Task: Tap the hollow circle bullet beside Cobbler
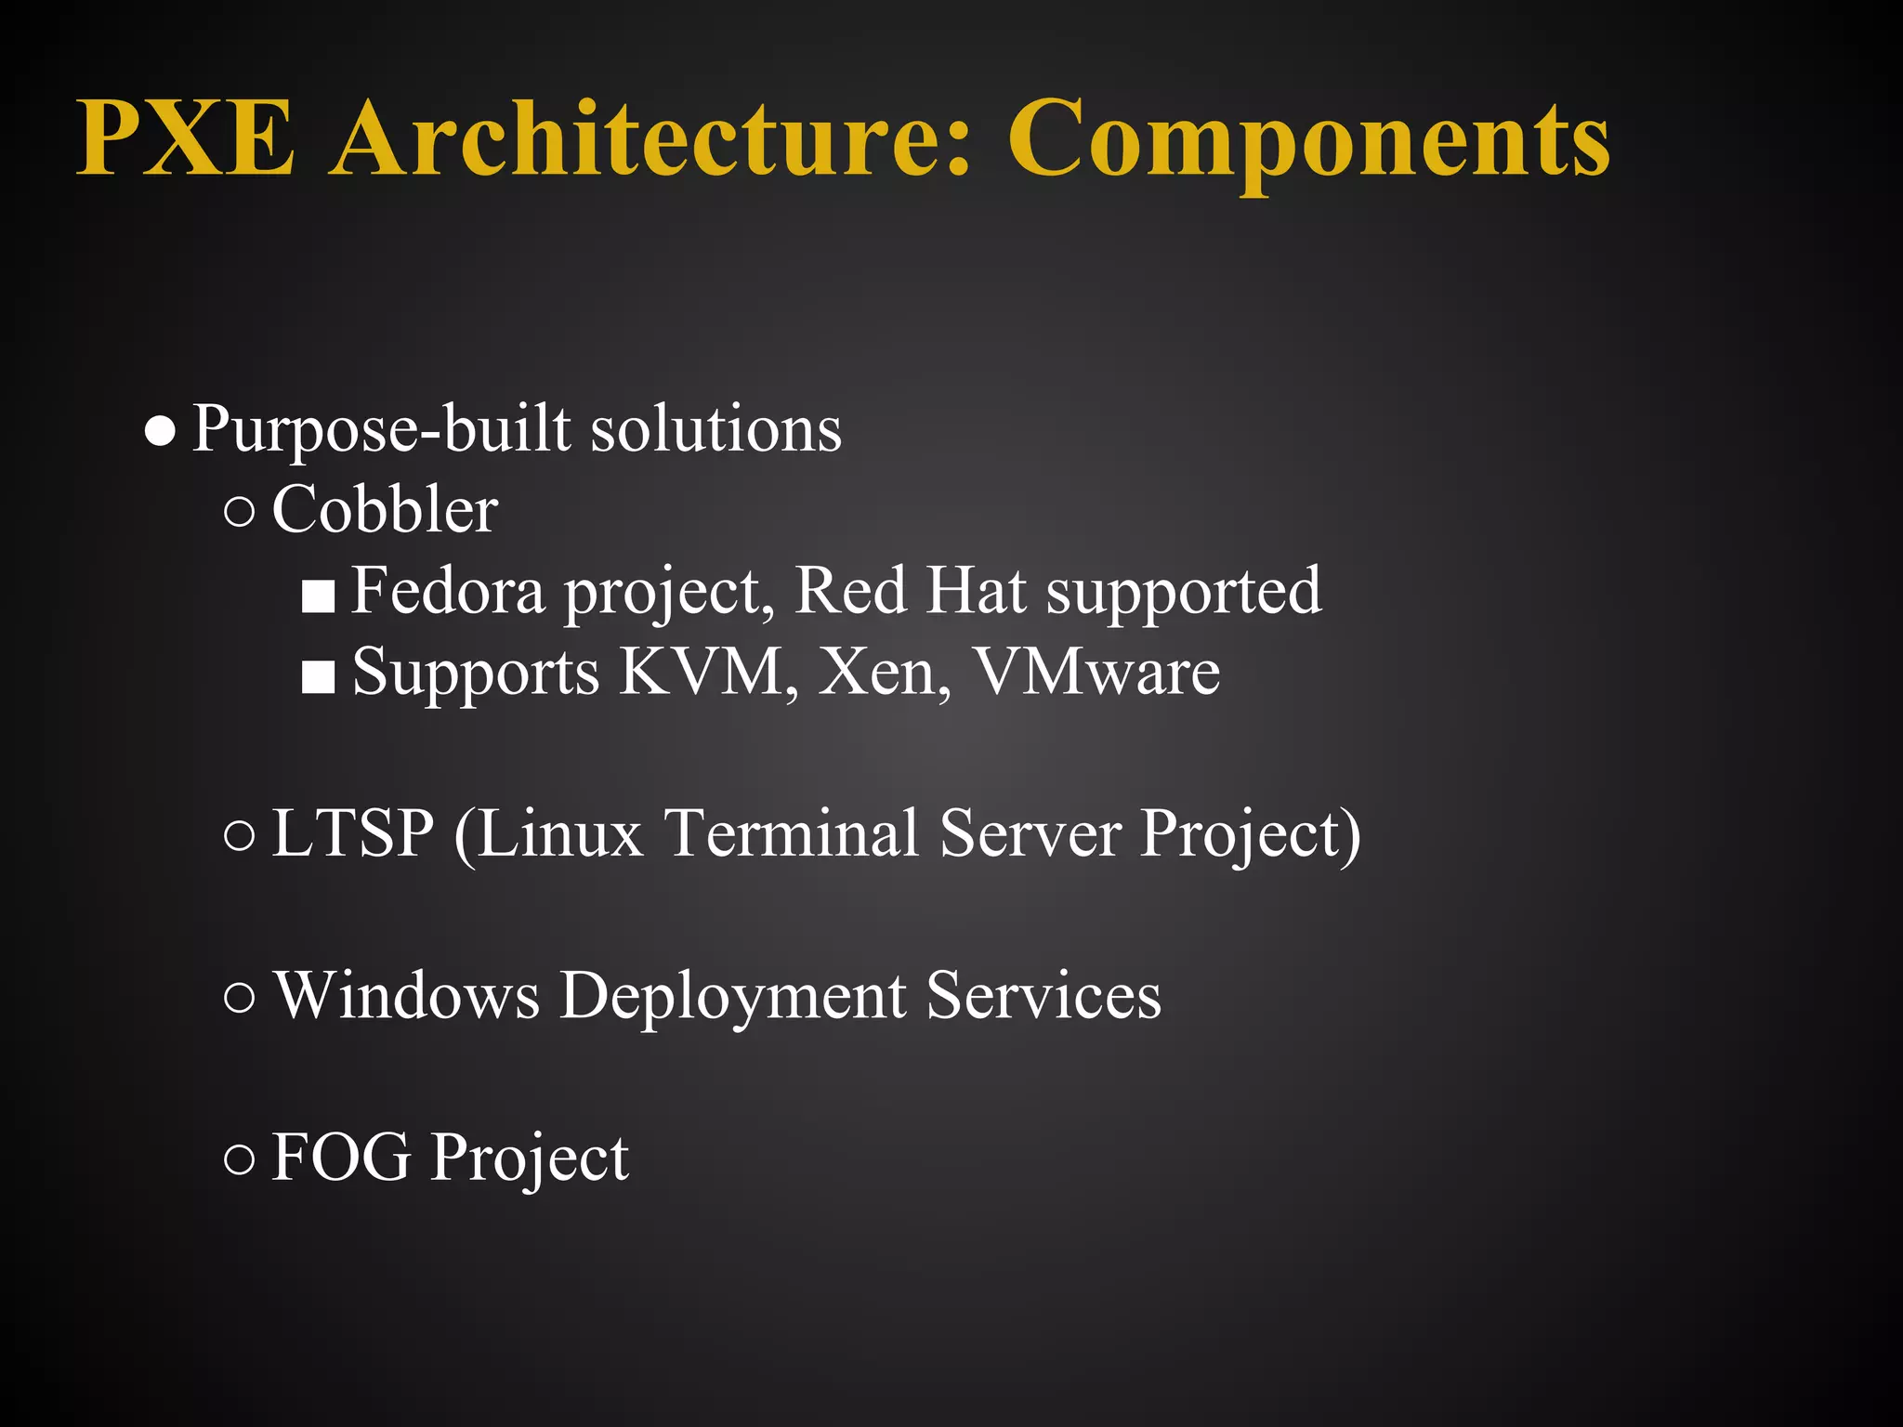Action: point(240,512)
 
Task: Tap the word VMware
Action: point(1096,671)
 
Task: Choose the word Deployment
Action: point(733,995)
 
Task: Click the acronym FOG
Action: point(341,1158)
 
